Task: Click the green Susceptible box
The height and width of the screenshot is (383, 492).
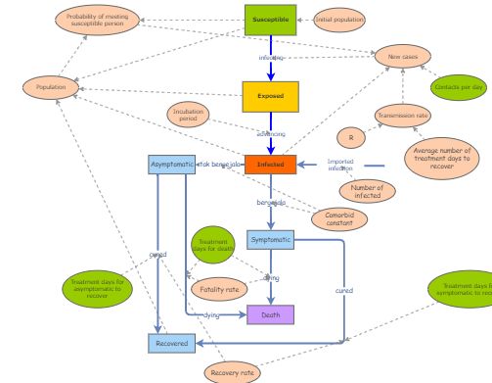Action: pos(270,20)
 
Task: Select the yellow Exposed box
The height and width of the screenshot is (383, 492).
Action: pos(270,96)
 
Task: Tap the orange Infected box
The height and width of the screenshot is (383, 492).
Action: pos(270,165)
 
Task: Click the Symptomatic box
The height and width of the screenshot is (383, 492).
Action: pos(270,239)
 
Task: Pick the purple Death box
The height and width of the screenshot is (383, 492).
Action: pos(270,315)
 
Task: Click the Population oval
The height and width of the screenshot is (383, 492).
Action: pos(51,88)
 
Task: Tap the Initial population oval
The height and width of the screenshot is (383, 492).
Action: pos(339,20)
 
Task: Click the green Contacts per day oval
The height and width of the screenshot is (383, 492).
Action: pos(458,86)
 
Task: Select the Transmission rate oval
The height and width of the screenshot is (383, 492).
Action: pos(403,116)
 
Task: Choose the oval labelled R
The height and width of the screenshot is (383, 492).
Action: pos(351,137)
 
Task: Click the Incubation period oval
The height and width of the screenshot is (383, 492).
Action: pos(189,116)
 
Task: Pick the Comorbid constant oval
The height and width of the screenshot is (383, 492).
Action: pos(339,219)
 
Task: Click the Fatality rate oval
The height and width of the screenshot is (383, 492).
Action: pos(219,289)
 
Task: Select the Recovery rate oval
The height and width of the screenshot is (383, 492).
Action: pos(234,372)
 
